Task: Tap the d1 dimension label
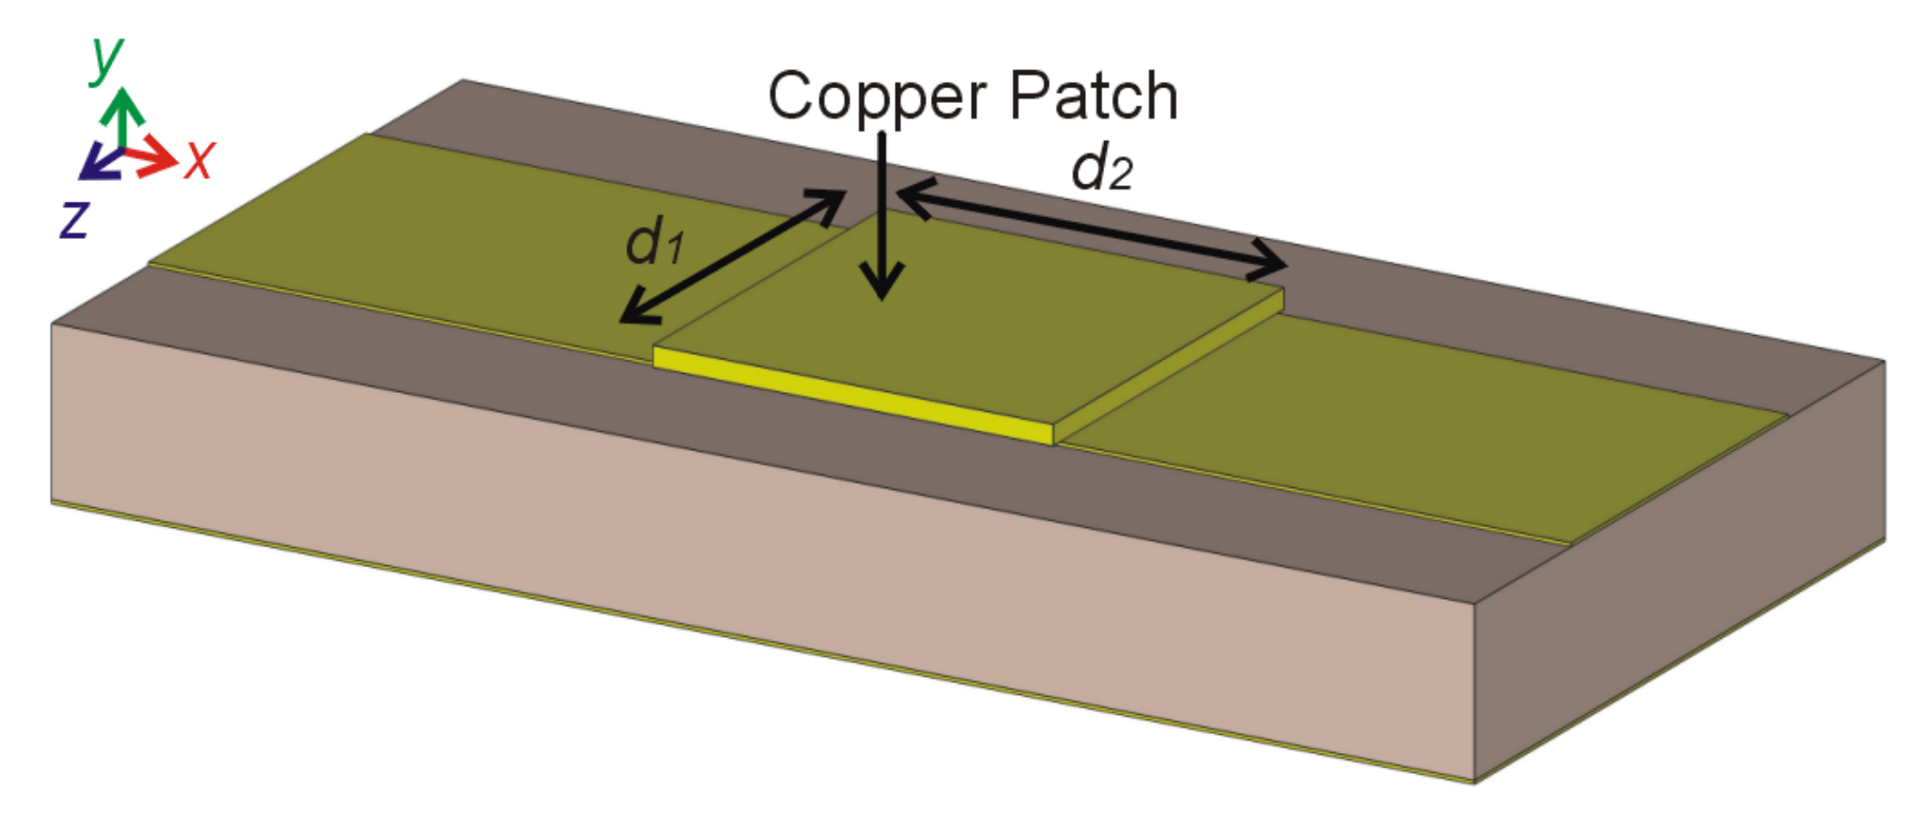tap(654, 241)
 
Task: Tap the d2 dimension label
tap(1102, 168)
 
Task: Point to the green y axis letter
tap(107, 58)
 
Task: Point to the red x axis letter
tap(199, 159)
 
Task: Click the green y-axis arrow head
tap(122, 105)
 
